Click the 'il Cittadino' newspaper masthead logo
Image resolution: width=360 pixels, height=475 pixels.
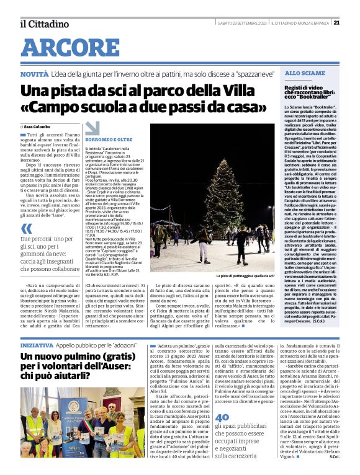(x=44, y=24)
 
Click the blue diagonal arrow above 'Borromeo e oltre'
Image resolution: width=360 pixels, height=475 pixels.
(x=91, y=128)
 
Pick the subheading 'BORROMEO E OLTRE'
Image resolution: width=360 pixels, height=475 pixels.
(x=109, y=140)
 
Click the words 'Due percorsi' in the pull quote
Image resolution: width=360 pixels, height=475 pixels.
(x=35, y=239)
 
